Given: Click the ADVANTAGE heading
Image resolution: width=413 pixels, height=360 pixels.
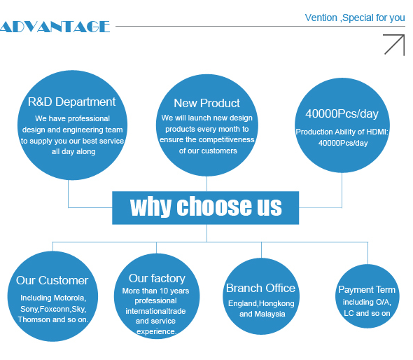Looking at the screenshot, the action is [x=55, y=27].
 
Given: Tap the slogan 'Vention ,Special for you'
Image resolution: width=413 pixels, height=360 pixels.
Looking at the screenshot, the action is [x=355, y=18].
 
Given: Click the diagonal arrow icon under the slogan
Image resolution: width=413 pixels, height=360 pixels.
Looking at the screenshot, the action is [x=394, y=45].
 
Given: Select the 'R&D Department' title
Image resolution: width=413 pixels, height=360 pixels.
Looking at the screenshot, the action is [x=71, y=102].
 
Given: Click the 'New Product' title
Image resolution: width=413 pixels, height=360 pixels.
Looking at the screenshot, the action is [x=206, y=103].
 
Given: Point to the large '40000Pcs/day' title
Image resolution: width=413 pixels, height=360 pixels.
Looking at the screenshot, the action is [x=342, y=114].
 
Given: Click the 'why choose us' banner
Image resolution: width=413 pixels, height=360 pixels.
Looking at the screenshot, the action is [x=205, y=208].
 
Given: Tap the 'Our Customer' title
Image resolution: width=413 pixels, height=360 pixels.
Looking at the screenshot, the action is [x=52, y=280].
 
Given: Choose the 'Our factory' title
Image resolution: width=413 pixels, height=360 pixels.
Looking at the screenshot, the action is [x=157, y=279].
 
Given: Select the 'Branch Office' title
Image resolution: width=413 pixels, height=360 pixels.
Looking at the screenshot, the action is [x=260, y=288].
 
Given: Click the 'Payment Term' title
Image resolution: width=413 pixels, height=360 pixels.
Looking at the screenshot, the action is [x=367, y=290].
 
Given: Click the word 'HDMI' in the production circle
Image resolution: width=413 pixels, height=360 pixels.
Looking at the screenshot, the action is [x=379, y=132].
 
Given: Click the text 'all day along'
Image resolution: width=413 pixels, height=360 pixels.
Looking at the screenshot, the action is [x=73, y=151].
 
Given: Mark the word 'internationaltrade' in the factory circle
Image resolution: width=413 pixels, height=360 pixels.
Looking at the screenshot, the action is [x=155, y=311].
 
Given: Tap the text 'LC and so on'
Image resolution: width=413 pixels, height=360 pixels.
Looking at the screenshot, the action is [x=367, y=313].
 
